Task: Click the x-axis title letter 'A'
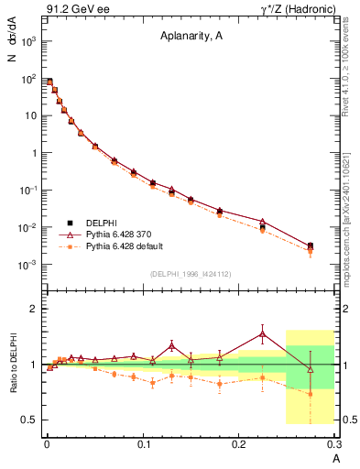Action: click(336, 457)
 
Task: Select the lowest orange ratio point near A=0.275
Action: click(311, 394)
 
